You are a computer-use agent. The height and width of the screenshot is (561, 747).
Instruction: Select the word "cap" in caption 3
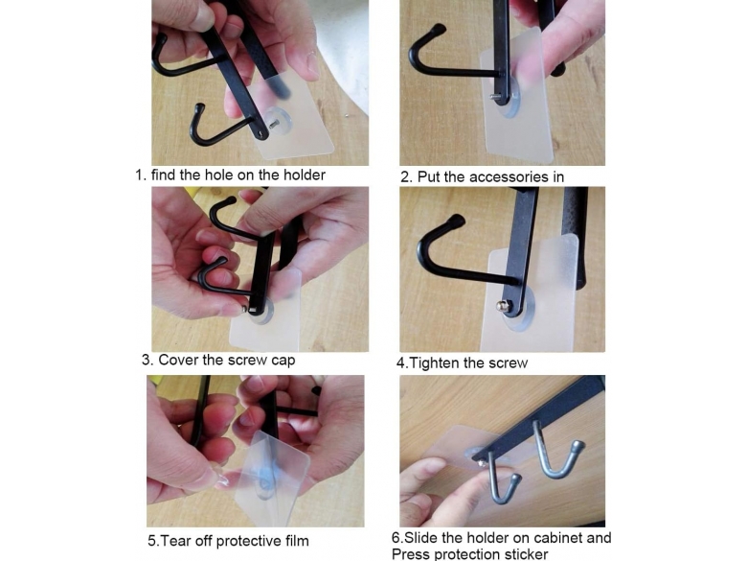pos(283,361)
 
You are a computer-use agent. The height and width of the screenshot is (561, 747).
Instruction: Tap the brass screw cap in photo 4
pos(501,306)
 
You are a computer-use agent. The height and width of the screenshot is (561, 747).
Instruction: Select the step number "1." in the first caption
pos(141,175)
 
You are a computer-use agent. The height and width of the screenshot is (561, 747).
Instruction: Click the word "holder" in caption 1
pos(305,175)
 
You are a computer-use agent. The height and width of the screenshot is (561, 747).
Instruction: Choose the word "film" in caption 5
pos(297,541)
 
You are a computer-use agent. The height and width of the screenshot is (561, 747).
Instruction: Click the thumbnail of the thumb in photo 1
pos(311,64)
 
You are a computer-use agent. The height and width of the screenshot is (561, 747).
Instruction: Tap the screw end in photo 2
pos(494,97)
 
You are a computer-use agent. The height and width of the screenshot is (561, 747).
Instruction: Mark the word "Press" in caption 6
pos(409,554)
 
